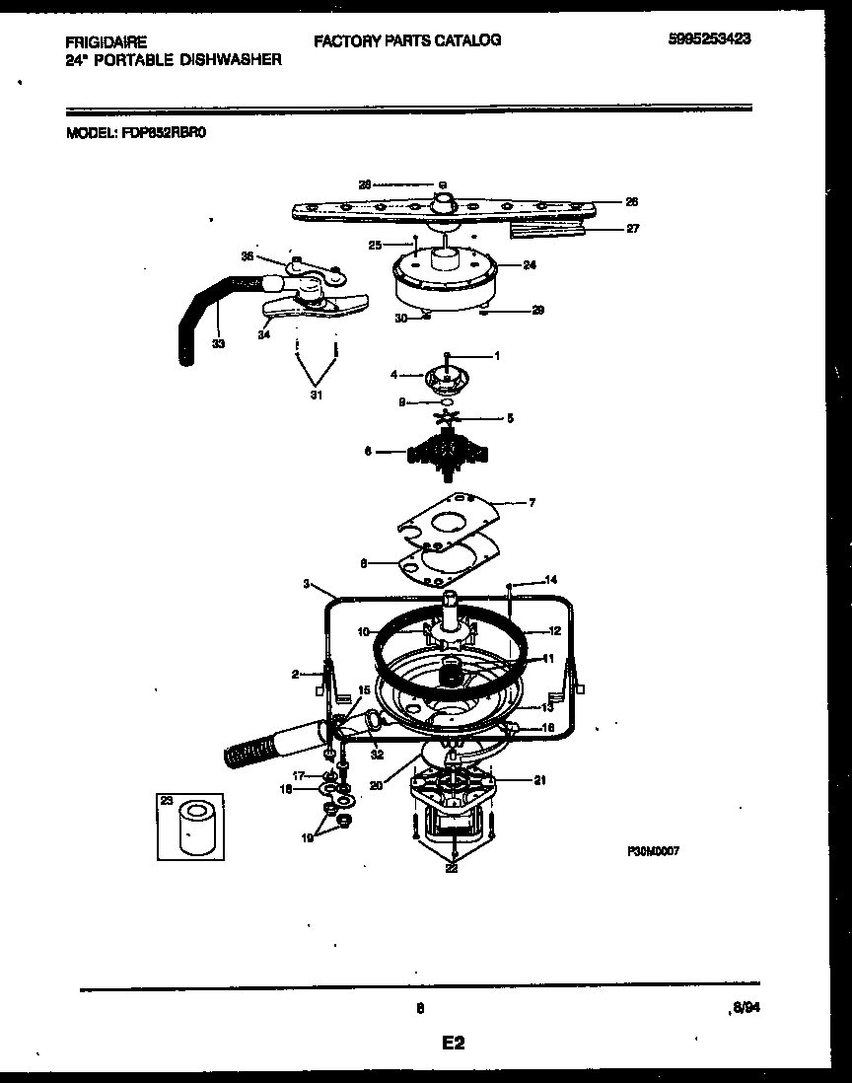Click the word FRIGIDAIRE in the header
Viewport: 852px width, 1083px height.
(106, 42)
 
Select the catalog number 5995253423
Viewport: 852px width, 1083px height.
(717, 40)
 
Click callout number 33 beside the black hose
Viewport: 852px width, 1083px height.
(218, 344)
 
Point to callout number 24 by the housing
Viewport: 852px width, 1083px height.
(529, 264)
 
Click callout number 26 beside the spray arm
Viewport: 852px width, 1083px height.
(632, 201)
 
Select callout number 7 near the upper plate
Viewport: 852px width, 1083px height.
(532, 503)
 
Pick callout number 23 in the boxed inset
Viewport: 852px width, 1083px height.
(165, 801)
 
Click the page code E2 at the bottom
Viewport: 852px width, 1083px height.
(453, 1043)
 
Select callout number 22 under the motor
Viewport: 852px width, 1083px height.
(452, 867)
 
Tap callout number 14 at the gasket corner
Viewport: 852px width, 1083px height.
(551, 580)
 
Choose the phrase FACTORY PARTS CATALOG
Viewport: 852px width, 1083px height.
(407, 40)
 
